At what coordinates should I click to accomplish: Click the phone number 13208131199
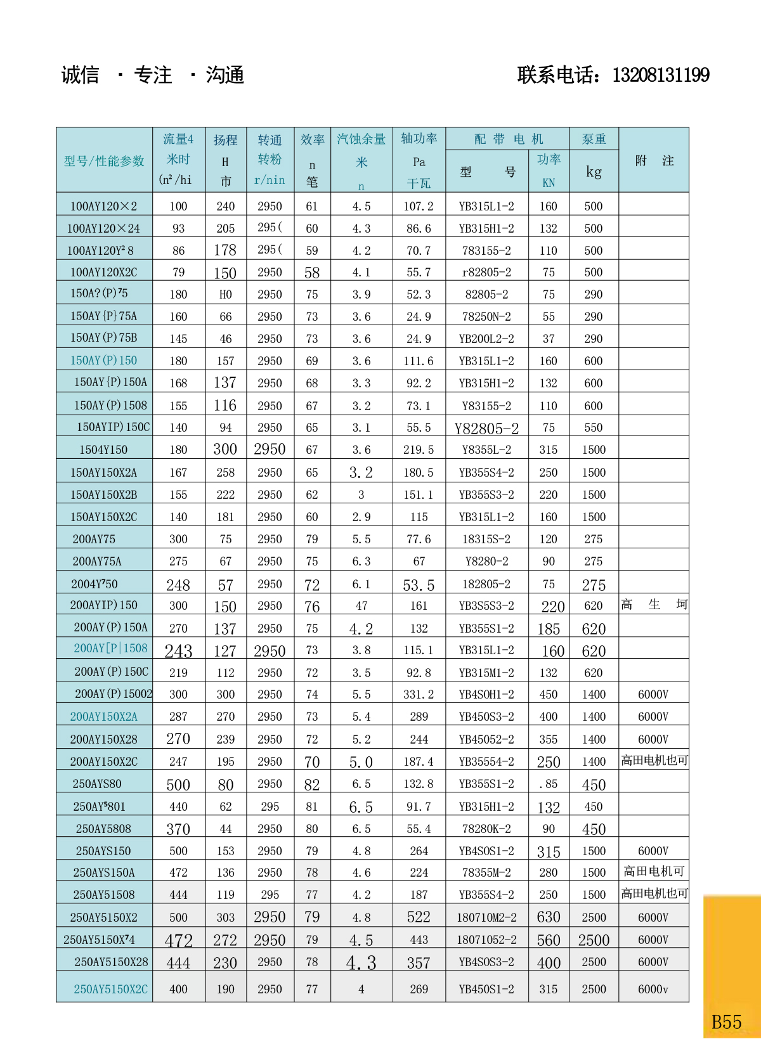(x=660, y=75)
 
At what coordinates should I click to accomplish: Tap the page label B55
(x=726, y=1022)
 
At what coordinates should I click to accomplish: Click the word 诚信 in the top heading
(x=80, y=75)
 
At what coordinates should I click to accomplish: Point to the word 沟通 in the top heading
(x=224, y=75)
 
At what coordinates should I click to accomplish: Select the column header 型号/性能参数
(x=104, y=161)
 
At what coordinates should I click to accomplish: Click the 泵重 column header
(x=594, y=139)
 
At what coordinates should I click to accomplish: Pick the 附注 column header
(x=654, y=160)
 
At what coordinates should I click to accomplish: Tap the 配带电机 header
(x=508, y=139)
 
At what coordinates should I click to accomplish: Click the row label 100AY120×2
(x=103, y=206)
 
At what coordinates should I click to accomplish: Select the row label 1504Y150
(x=103, y=449)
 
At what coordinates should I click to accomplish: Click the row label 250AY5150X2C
(x=110, y=989)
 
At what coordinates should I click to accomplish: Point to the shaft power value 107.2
(x=419, y=206)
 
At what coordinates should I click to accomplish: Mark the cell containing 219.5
(x=419, y=449)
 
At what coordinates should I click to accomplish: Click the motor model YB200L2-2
(x=486, y=339)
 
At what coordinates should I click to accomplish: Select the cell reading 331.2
(x=419, y=694)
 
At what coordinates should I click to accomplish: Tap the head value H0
(x=225, y=294)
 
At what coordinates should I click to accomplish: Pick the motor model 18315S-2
(x=486, y=539)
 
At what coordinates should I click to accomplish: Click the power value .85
(x=548, y=784)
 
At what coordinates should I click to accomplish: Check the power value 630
(x=548, y=917)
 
